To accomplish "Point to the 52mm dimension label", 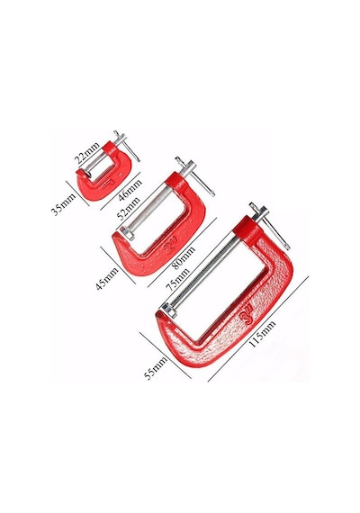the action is pyautogui.click(x=128, y=207).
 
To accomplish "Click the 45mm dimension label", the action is pyautogui.click(x=107, y=278).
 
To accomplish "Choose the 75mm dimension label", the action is pyautogui.click(x=177, y=279).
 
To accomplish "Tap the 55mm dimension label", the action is pyautogui.click(x=157, y=367).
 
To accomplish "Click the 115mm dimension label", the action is pyautogui.click(x=263, y=333).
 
